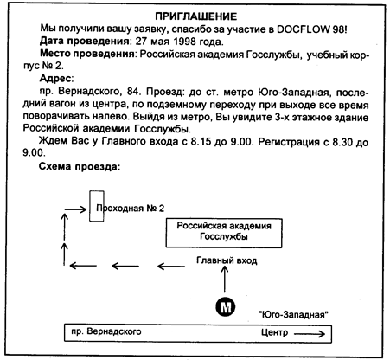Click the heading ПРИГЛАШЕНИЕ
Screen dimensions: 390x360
(196, 16)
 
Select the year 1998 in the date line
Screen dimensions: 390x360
(185, 42)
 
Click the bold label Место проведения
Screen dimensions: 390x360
(86, 54)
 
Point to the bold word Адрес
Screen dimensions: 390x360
(55, 78)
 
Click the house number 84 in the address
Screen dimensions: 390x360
(133, 92)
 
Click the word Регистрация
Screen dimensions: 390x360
(289, 142)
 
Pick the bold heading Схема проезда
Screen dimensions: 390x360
(79, 167)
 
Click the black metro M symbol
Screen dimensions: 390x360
(226, 307)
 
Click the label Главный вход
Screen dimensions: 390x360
(227, 260)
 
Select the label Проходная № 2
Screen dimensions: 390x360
(130, 209)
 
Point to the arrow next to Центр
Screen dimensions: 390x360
(310, 334)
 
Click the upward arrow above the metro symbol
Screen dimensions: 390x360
(225, 280)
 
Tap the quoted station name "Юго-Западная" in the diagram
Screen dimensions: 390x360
(293, 314)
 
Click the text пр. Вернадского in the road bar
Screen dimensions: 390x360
(106, 331)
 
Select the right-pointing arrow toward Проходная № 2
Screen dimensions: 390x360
(75, 209)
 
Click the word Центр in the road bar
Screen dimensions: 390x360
(274, 332)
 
